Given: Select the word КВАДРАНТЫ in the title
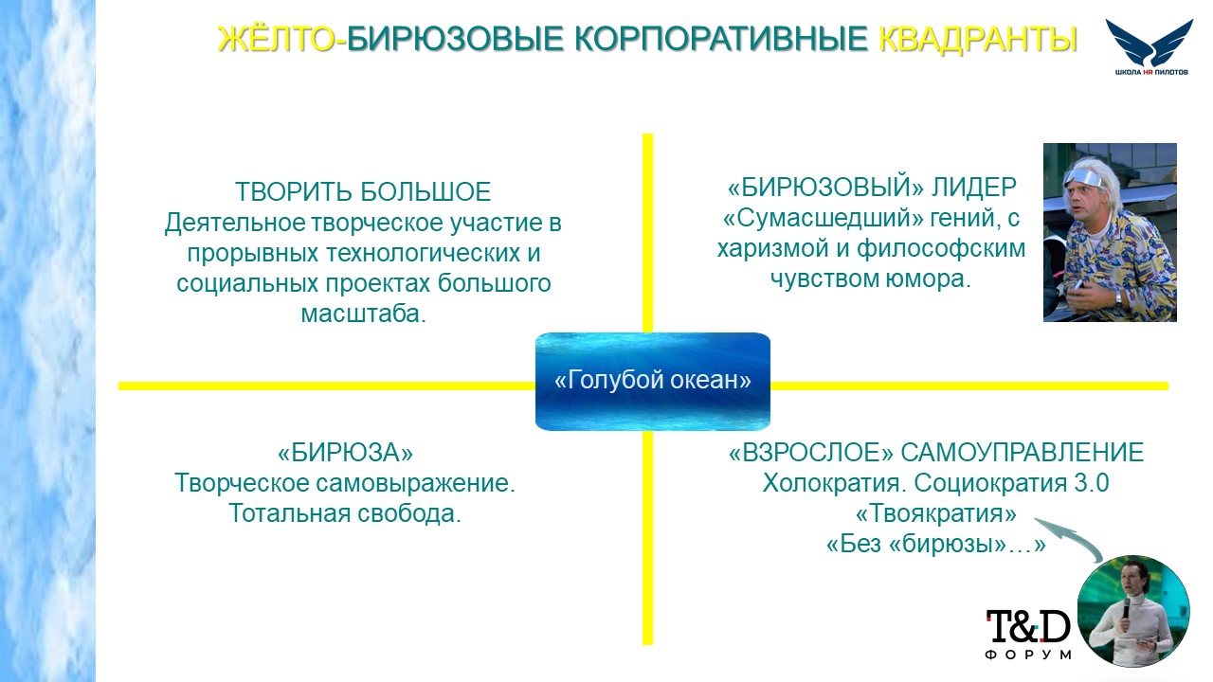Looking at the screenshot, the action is pos(978,39).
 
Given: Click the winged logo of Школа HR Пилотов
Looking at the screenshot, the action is pos(1150,46).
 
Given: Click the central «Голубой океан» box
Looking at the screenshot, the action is pos(653,381).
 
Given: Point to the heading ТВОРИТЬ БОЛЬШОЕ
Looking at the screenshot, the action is pos(363,191).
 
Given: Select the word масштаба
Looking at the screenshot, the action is pos(363,314).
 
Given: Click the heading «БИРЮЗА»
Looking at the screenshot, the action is pos(345,453).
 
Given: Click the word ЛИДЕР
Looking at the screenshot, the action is pos(973,188).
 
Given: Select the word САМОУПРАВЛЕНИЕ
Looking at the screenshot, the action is pos(1022,453).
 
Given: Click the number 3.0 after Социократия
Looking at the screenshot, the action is pos(1092,483).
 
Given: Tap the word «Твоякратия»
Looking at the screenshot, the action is pos(935,513).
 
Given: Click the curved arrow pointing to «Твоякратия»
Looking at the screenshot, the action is pos(1070,533).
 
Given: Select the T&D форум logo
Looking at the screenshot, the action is pos(1028,634).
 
